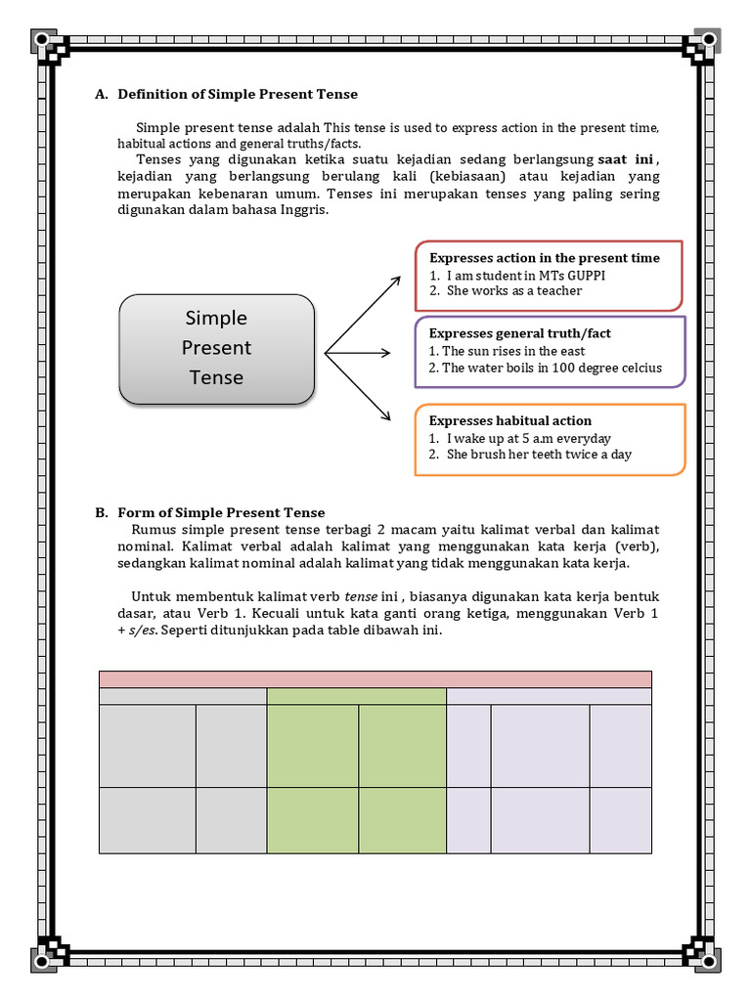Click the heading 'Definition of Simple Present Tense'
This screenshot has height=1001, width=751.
coord(238,95)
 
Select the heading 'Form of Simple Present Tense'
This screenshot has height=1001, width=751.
coord(221,512)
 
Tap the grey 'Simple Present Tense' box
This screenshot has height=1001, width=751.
coord(217,348)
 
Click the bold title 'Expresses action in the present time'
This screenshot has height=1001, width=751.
coord(545,258)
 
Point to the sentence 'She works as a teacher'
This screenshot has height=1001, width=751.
coord(514,291)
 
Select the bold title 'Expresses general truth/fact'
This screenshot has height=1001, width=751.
coord(520,333)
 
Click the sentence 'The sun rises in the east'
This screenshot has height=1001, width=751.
coord(513,351)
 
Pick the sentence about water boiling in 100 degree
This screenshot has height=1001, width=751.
coord(552,369)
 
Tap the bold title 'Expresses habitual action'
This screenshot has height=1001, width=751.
coord(510,421)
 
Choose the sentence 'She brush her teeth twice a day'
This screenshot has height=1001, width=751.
coord(539,456)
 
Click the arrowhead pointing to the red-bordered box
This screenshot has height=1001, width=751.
coord(395,282)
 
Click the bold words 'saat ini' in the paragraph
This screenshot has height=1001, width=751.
coord(626,159)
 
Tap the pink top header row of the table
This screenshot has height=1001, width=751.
coord(375,679)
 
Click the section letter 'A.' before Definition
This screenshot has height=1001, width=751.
coord(101,95)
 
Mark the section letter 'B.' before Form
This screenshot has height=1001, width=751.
coord(101,512)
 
